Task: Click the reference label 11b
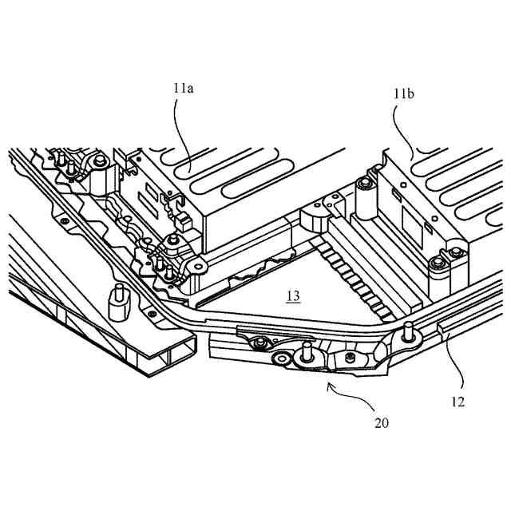403,94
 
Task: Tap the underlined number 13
293,296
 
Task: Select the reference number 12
458,402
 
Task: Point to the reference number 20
382,422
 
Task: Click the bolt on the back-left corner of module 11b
364,186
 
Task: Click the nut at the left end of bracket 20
259,343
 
